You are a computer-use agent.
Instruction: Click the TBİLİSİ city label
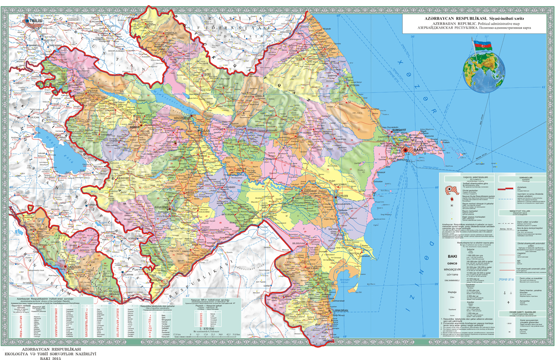point(36,20)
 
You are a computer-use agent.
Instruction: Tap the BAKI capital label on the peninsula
point(418,150)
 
